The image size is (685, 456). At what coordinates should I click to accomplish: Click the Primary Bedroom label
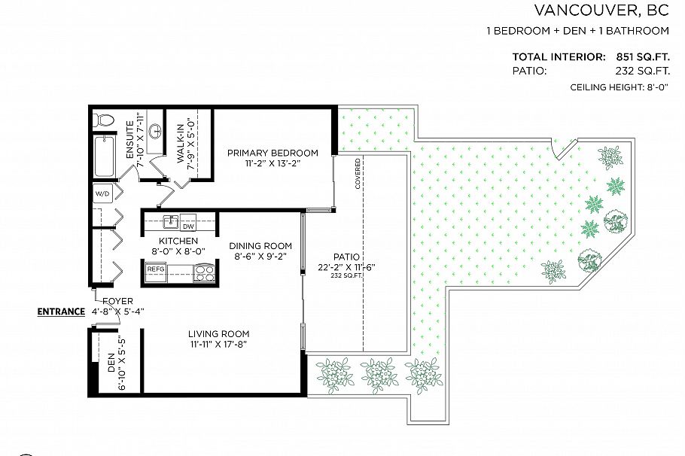(272, 153)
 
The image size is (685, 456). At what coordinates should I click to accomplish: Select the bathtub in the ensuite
(103, 156)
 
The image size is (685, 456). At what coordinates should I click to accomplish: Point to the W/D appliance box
(102, 194)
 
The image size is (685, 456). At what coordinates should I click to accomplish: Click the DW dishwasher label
(188, 226)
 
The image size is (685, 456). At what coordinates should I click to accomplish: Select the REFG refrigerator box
(156, 269)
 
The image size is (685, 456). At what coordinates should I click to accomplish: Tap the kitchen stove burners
(204, 272)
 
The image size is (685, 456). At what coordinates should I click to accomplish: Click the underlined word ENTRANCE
(61, 311)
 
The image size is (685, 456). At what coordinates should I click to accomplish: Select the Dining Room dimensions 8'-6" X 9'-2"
(260, 256)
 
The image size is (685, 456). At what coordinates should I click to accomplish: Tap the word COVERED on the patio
(358, 173)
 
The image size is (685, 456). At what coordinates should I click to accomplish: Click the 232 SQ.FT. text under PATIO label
(347, 275)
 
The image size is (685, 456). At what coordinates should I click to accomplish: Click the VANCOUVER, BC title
(601, 11)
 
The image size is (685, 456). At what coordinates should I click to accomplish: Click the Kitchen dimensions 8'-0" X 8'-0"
(178, 251)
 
